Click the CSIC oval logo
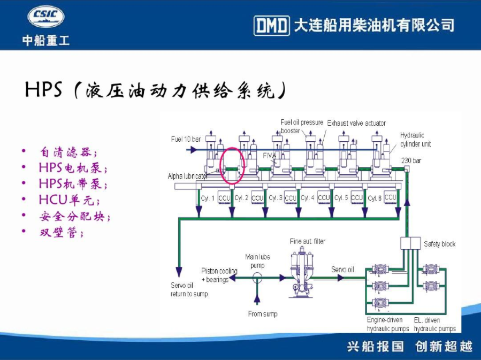coord(45,17)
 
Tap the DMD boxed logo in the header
coord(271,25)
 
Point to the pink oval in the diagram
coord(233,165)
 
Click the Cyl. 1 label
coord(208,198)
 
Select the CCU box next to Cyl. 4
coord(324,198)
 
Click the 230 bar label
coord(410,160)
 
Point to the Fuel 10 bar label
coord(186,139)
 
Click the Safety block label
coord(439,244)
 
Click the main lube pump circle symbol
coord(257,277)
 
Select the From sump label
coord(262,313)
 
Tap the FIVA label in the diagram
coord(270,155)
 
